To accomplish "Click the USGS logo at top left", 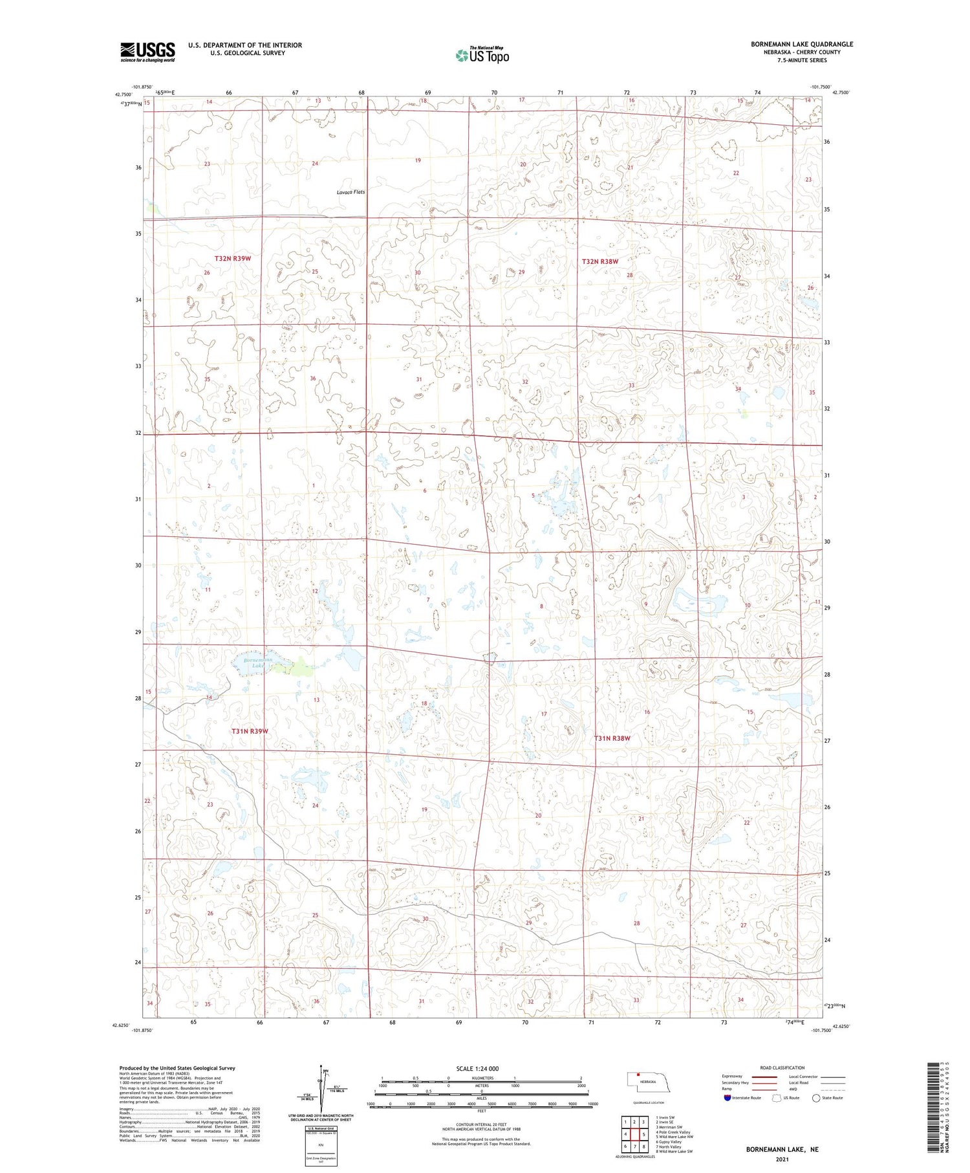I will pos(147,52).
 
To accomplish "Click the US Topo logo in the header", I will pos(482,55).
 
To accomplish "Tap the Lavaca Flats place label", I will pos(350,192).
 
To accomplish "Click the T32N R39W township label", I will pos(233,258).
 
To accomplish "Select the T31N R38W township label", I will pos(612,738).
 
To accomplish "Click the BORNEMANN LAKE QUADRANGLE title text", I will pos(802,44).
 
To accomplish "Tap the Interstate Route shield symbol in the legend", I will pos(727,1098).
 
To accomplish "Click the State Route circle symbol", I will pos(816,1098).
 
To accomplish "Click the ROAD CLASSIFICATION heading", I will pos(782,1068).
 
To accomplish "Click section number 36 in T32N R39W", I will pos(313,378).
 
